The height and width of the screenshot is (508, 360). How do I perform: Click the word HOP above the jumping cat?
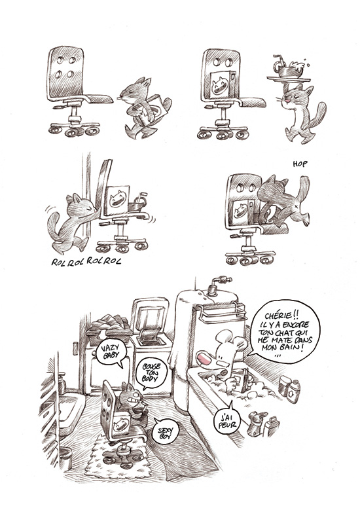[x=300, y=164]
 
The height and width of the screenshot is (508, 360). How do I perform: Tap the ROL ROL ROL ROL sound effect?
[x=86, y=261]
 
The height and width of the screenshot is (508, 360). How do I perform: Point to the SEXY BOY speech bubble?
[x=166, y=432]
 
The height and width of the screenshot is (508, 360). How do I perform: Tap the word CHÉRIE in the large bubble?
[x=281, y=316]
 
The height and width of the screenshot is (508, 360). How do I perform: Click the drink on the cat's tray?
[x=289, y=67]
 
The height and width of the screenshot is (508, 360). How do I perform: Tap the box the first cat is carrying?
[x=153, y=109]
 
